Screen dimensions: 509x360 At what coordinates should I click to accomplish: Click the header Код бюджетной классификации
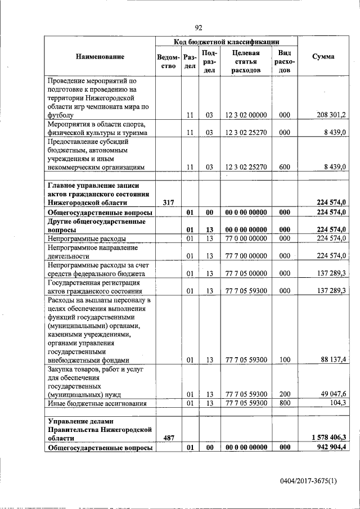point(226,41)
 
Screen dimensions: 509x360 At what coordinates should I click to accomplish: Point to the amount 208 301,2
point(331,115)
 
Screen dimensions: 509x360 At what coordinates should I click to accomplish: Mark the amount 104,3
point(337,403)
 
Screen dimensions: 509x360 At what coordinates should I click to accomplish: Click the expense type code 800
point(284,403)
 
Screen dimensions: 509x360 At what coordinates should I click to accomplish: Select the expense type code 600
point(284,167)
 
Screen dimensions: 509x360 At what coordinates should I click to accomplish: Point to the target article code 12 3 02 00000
point(246,115)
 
